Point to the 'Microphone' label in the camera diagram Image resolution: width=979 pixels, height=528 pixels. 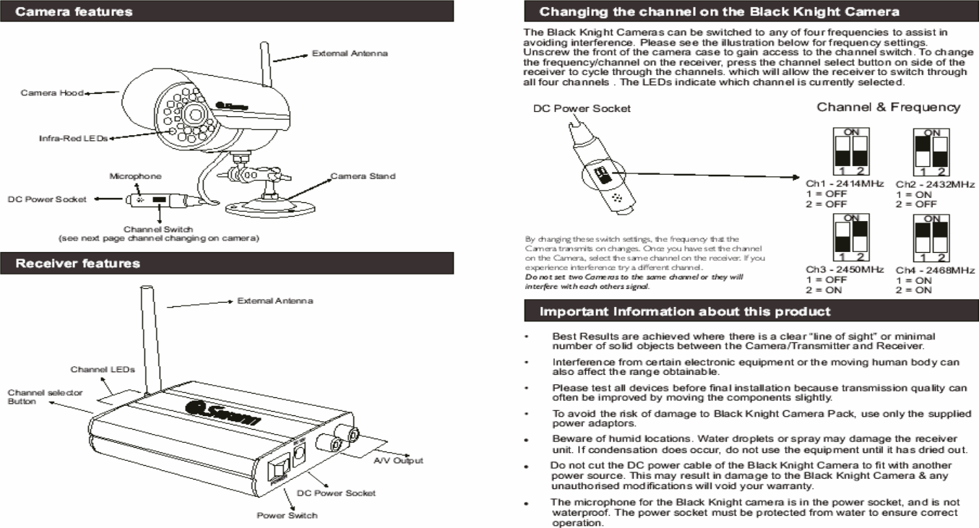pyautogui.click(x=135, y=176)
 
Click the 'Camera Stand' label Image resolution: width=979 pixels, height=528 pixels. pyautogui.click(x=363, y=176)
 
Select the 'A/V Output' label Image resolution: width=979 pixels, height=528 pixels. pyautogui.click(x=397, y=460)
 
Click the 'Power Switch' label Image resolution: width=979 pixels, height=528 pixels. pyautogui.click(x=287, y=515)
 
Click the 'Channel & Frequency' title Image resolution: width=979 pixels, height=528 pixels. pyautogui.click(x=888, y=107)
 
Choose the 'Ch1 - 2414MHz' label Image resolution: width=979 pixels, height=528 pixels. pyautogui.click(x=845, y=185)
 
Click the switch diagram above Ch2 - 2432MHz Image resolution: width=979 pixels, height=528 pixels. pyautogui.click(x=932, y=152)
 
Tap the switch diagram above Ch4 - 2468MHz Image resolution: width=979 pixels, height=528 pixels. pyautogui.click(x=932, y=238)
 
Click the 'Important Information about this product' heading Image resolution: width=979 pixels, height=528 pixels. pyautogui.click(x=686, y=312)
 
